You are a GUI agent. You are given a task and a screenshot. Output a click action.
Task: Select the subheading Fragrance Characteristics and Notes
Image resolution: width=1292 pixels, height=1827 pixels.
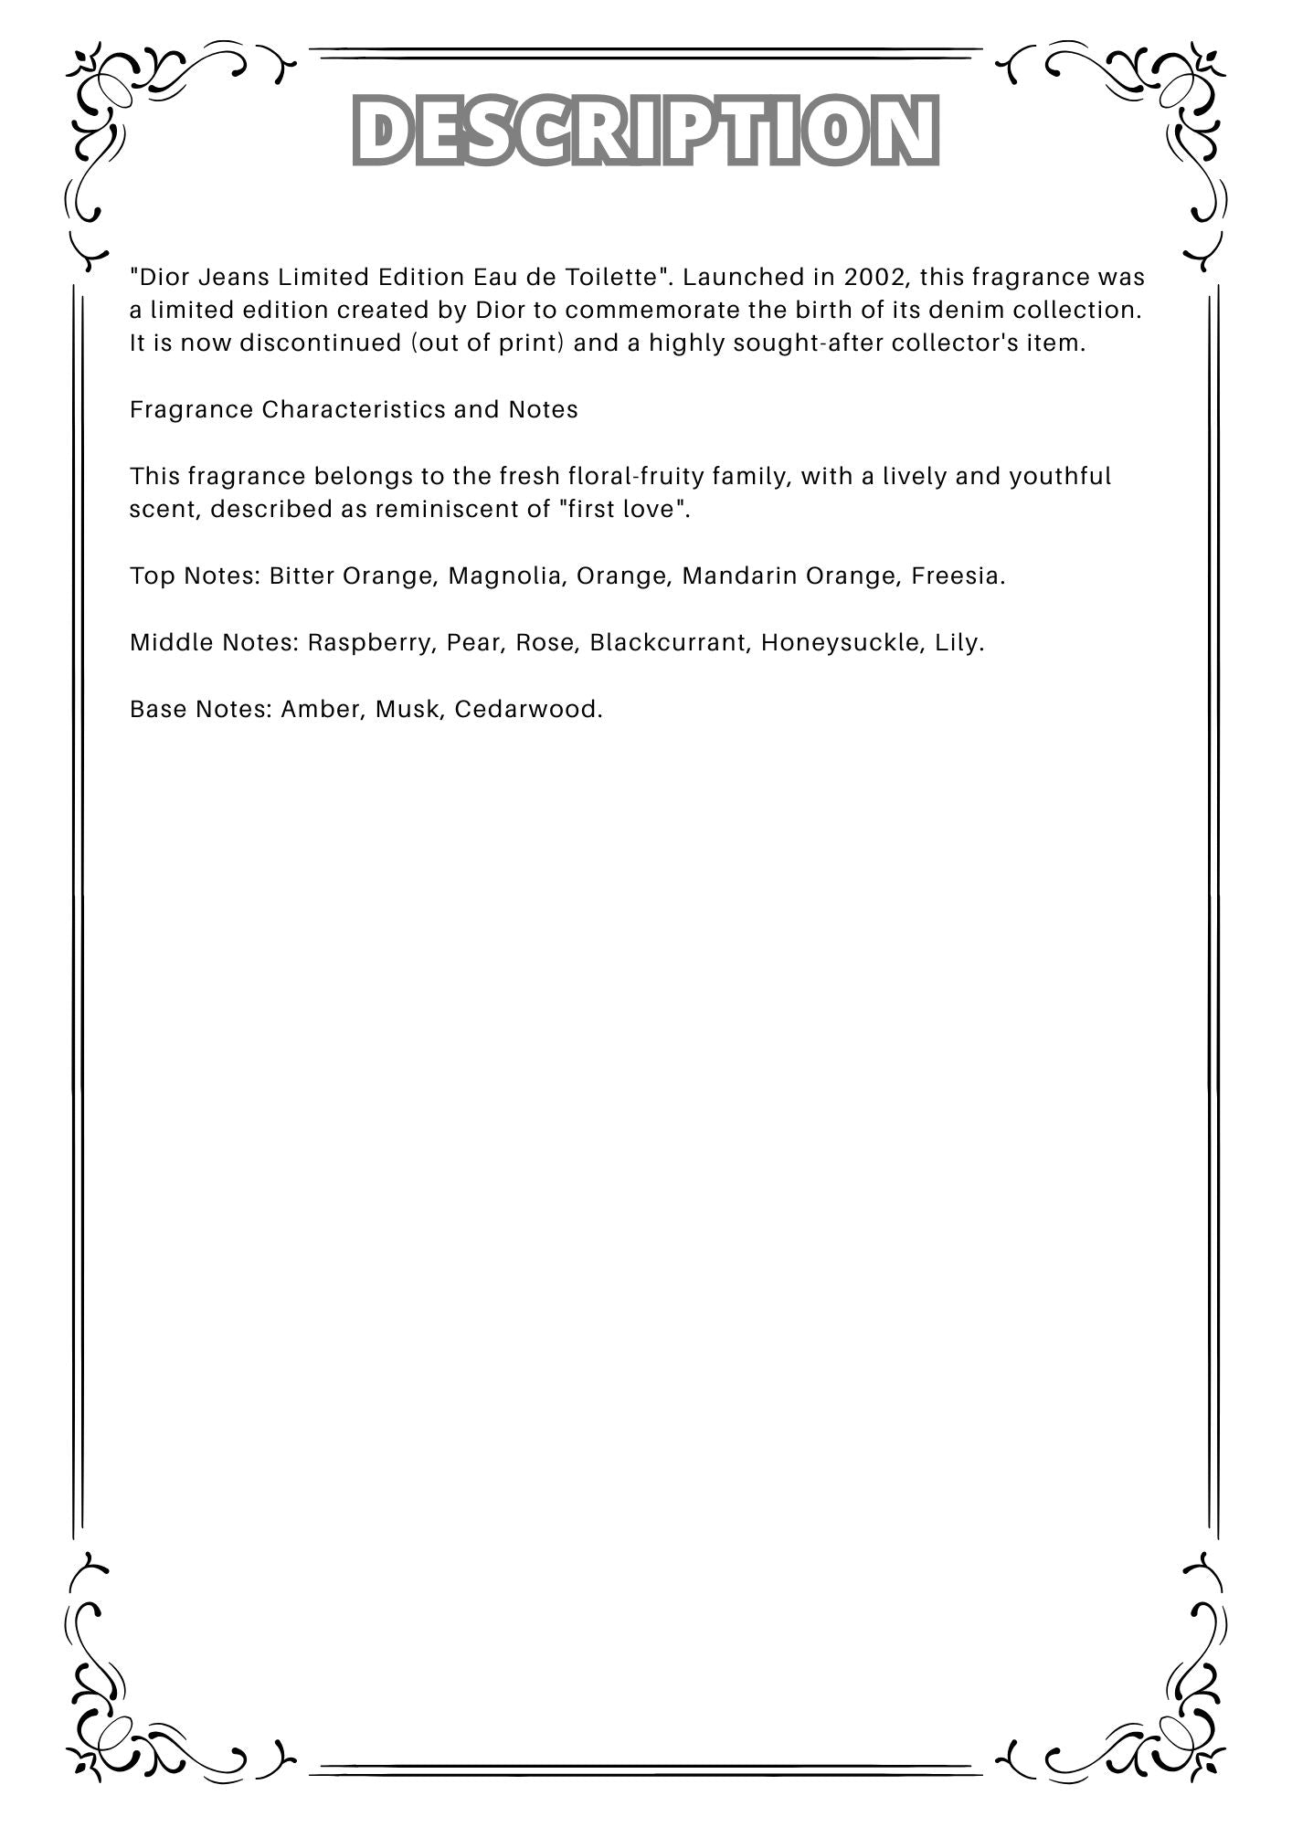click(354, 409)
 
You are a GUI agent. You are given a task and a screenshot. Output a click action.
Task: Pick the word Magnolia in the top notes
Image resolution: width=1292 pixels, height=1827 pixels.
click(503, 576)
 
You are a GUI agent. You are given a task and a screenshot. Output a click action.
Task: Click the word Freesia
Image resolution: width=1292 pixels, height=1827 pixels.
click(957, 576)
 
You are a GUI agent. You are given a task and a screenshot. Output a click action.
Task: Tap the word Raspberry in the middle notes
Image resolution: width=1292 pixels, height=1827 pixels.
click(372, 643)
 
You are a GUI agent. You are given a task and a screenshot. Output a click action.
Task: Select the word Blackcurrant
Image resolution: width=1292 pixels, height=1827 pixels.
click(671, 643)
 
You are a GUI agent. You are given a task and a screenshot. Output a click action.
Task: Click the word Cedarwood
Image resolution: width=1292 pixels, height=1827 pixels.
click(527, 710)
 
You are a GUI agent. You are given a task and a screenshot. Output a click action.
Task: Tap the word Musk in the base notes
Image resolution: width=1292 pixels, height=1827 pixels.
click(408, 710)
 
